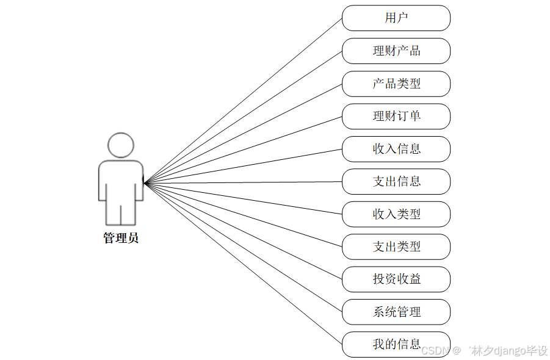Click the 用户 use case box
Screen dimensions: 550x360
point(396,18)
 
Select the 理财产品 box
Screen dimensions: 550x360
point(396,51)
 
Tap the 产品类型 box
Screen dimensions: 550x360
point(396,84)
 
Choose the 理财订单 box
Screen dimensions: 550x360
point(396,116)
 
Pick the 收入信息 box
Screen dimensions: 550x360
point(396,149)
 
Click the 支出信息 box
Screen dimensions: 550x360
point(396,181)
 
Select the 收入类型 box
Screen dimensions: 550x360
point(396,214)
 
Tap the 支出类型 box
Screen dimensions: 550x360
point(396,247)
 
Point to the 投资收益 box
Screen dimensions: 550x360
point(396,279)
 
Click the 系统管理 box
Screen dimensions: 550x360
point(396,312)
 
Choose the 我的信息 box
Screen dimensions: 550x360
point(396,344)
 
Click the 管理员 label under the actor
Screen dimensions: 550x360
point(121,238)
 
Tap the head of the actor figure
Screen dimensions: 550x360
point(121,145)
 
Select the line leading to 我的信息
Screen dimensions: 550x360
point(244,264)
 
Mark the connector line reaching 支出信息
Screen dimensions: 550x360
point(244,182)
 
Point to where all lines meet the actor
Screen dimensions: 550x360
point(145,182)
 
